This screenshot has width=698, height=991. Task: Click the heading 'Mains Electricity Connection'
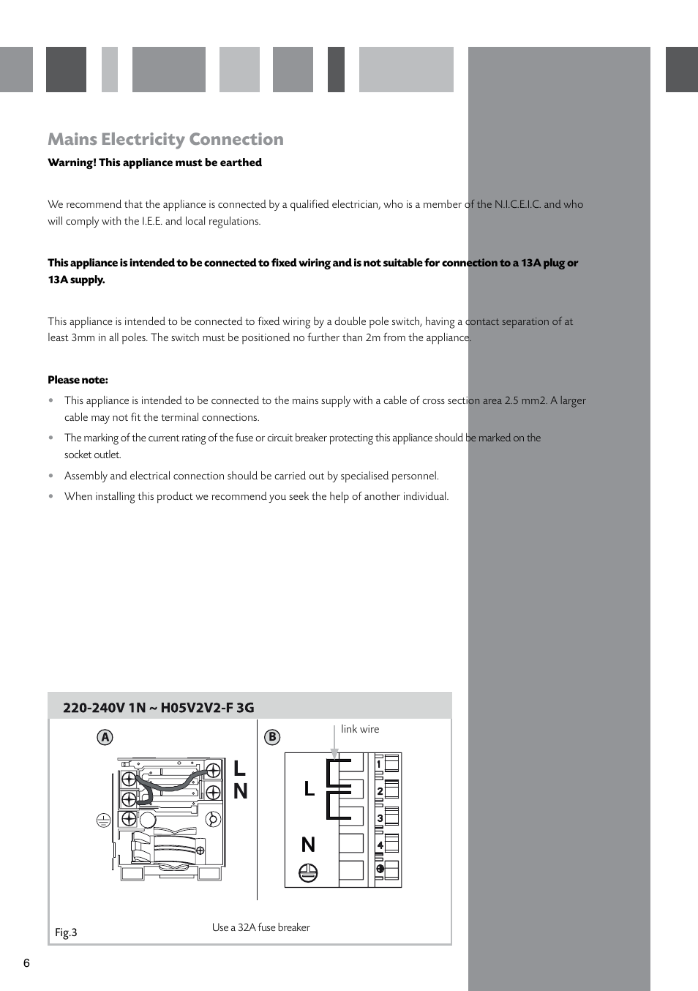pos(165,139)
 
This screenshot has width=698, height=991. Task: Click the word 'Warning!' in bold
pos(72,162)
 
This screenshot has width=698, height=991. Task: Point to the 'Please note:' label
pos(78,379)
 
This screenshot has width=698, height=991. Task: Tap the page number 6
pos(26,962)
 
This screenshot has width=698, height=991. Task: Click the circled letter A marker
pos(105,737)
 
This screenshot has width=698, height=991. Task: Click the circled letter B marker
pos(272,737)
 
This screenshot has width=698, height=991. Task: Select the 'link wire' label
pos(360,729)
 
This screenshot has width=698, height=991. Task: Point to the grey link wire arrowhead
pos(334,754)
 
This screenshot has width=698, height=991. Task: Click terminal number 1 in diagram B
pos(379,765)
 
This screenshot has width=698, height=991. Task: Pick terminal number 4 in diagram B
pos(380,845)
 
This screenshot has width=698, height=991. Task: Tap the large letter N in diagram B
pos(308,845)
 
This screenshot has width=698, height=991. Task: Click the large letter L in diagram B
pos(309,788)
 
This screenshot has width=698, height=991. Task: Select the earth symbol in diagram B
pos(308,872)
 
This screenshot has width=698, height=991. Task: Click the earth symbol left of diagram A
pos(103,820)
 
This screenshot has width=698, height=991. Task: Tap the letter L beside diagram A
pos(239,769)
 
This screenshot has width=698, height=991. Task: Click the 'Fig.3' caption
pos(66,932)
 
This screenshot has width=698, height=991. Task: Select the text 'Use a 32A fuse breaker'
pos(260,927)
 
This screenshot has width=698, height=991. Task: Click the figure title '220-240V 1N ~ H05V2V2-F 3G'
pos(159,707)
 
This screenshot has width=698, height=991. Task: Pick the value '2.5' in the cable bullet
pos(512,400)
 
